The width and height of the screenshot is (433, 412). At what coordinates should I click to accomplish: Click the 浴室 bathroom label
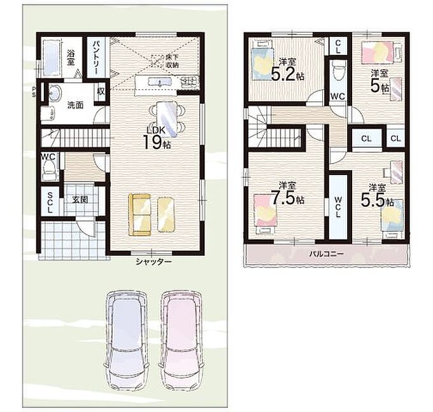coord(71,57)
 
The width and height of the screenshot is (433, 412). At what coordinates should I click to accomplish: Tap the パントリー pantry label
coord(96,57)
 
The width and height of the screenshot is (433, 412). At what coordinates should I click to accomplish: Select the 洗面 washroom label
coord(75,105)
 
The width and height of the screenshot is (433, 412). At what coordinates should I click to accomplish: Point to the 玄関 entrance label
coord(80,199)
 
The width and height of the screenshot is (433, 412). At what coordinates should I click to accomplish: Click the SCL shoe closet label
coord(50,202)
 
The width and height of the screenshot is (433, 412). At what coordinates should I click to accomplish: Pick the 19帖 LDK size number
coord(157,142)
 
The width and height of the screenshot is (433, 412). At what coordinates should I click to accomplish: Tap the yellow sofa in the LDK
coord(139,215)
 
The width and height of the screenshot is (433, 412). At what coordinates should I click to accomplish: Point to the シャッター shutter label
coord(153,262)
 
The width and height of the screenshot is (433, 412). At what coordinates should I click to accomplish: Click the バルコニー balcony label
coord(327,253)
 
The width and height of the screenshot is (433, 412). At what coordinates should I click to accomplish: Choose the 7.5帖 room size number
coord(288,197)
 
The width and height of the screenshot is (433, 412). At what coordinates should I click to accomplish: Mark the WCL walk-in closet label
coord(338,207)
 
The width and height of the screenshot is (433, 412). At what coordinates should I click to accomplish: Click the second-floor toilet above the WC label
coord(338,71)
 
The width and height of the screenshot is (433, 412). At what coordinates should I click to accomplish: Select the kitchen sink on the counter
coord(160,82)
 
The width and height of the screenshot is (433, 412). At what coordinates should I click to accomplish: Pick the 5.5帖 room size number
coord(377,201)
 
